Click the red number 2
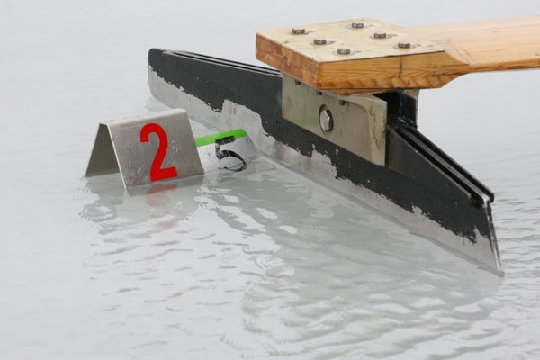tap(158, 153)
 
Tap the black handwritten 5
tap(230, 154)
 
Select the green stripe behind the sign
tap(220, 137)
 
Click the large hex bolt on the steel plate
tap(327, 119)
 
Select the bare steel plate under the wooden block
tap(333, 119)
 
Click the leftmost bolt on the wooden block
tap(299, 31)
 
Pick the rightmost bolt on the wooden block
tap(404, 45)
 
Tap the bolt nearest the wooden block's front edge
tap(344, 51)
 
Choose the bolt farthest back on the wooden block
tap(357, 25)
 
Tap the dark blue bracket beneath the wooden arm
tap(401, 109)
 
